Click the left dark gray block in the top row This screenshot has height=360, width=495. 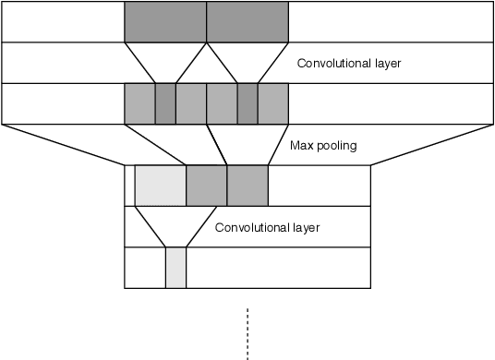click(x=165, y=21)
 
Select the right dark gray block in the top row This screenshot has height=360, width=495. click(x=247, y=21)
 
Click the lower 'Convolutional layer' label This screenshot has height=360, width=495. click(x=267, y=226)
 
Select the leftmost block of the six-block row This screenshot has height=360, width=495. click(x=139, y=103)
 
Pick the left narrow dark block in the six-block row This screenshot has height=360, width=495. click(x=165, y=103)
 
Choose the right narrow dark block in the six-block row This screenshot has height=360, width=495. click(x=247, y=103)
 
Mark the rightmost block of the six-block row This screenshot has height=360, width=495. click(x=273, y=103)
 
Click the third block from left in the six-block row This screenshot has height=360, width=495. click(x=191, y=103)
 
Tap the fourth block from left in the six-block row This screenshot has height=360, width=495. click(x=222, y=103)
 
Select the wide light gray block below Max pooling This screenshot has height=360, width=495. click(x=161, y=186)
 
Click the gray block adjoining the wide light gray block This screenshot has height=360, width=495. click(x=207, y=186)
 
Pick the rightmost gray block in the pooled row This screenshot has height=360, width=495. click(x=247, y=186)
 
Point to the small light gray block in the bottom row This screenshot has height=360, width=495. click(x=175, y=268)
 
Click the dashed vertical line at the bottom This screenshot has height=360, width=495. click(x=247, y=332)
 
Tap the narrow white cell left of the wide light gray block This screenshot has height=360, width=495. click(x=129, y=186)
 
